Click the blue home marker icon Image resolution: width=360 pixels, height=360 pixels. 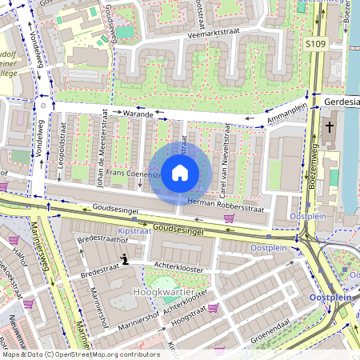point(180,172)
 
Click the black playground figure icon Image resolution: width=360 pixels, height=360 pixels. point(124,258)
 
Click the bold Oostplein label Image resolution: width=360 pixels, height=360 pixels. point(330,298)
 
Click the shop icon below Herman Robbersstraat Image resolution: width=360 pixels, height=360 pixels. point(230,217)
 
